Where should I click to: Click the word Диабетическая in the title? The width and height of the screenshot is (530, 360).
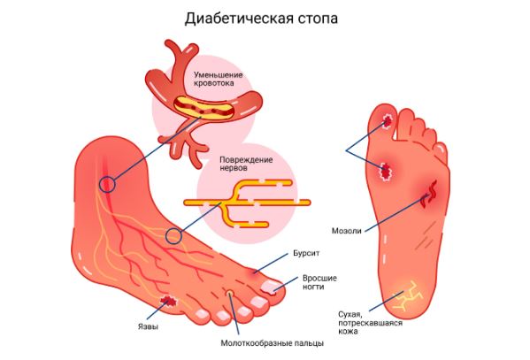[x=238, y=19]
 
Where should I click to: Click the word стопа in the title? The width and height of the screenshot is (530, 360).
[x=318, y=19]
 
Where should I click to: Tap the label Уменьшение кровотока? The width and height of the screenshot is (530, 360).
[x=218, y=79]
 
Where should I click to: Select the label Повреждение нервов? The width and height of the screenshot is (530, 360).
[x=246, y=164]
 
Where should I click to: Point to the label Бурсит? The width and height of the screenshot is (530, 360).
[x=306, y=253]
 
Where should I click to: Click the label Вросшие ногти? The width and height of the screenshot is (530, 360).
[x=319, y=282]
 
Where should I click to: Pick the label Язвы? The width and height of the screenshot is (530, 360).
[x=148, y=326]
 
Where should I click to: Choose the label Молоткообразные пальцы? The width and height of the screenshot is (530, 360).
[x=273, y=343]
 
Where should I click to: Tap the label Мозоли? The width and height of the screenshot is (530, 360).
[x=347, y=231]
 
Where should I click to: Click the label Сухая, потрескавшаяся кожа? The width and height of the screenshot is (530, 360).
[x=370, y=323]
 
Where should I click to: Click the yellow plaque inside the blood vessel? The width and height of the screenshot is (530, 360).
[x=204, y=108]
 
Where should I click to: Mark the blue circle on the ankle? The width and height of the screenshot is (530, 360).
[x=107, y=185]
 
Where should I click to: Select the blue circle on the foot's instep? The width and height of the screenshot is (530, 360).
[x=173, y=236]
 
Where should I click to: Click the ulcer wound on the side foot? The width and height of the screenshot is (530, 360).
[x=168, y=301]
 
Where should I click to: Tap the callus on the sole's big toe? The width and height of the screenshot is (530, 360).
[x=388, y=120]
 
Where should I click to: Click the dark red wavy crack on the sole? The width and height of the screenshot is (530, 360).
[x=429, y=194]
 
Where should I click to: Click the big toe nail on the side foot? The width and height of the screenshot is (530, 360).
[x=271, y=287]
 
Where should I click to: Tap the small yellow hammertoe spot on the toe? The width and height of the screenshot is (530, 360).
[x=229, y=292]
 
